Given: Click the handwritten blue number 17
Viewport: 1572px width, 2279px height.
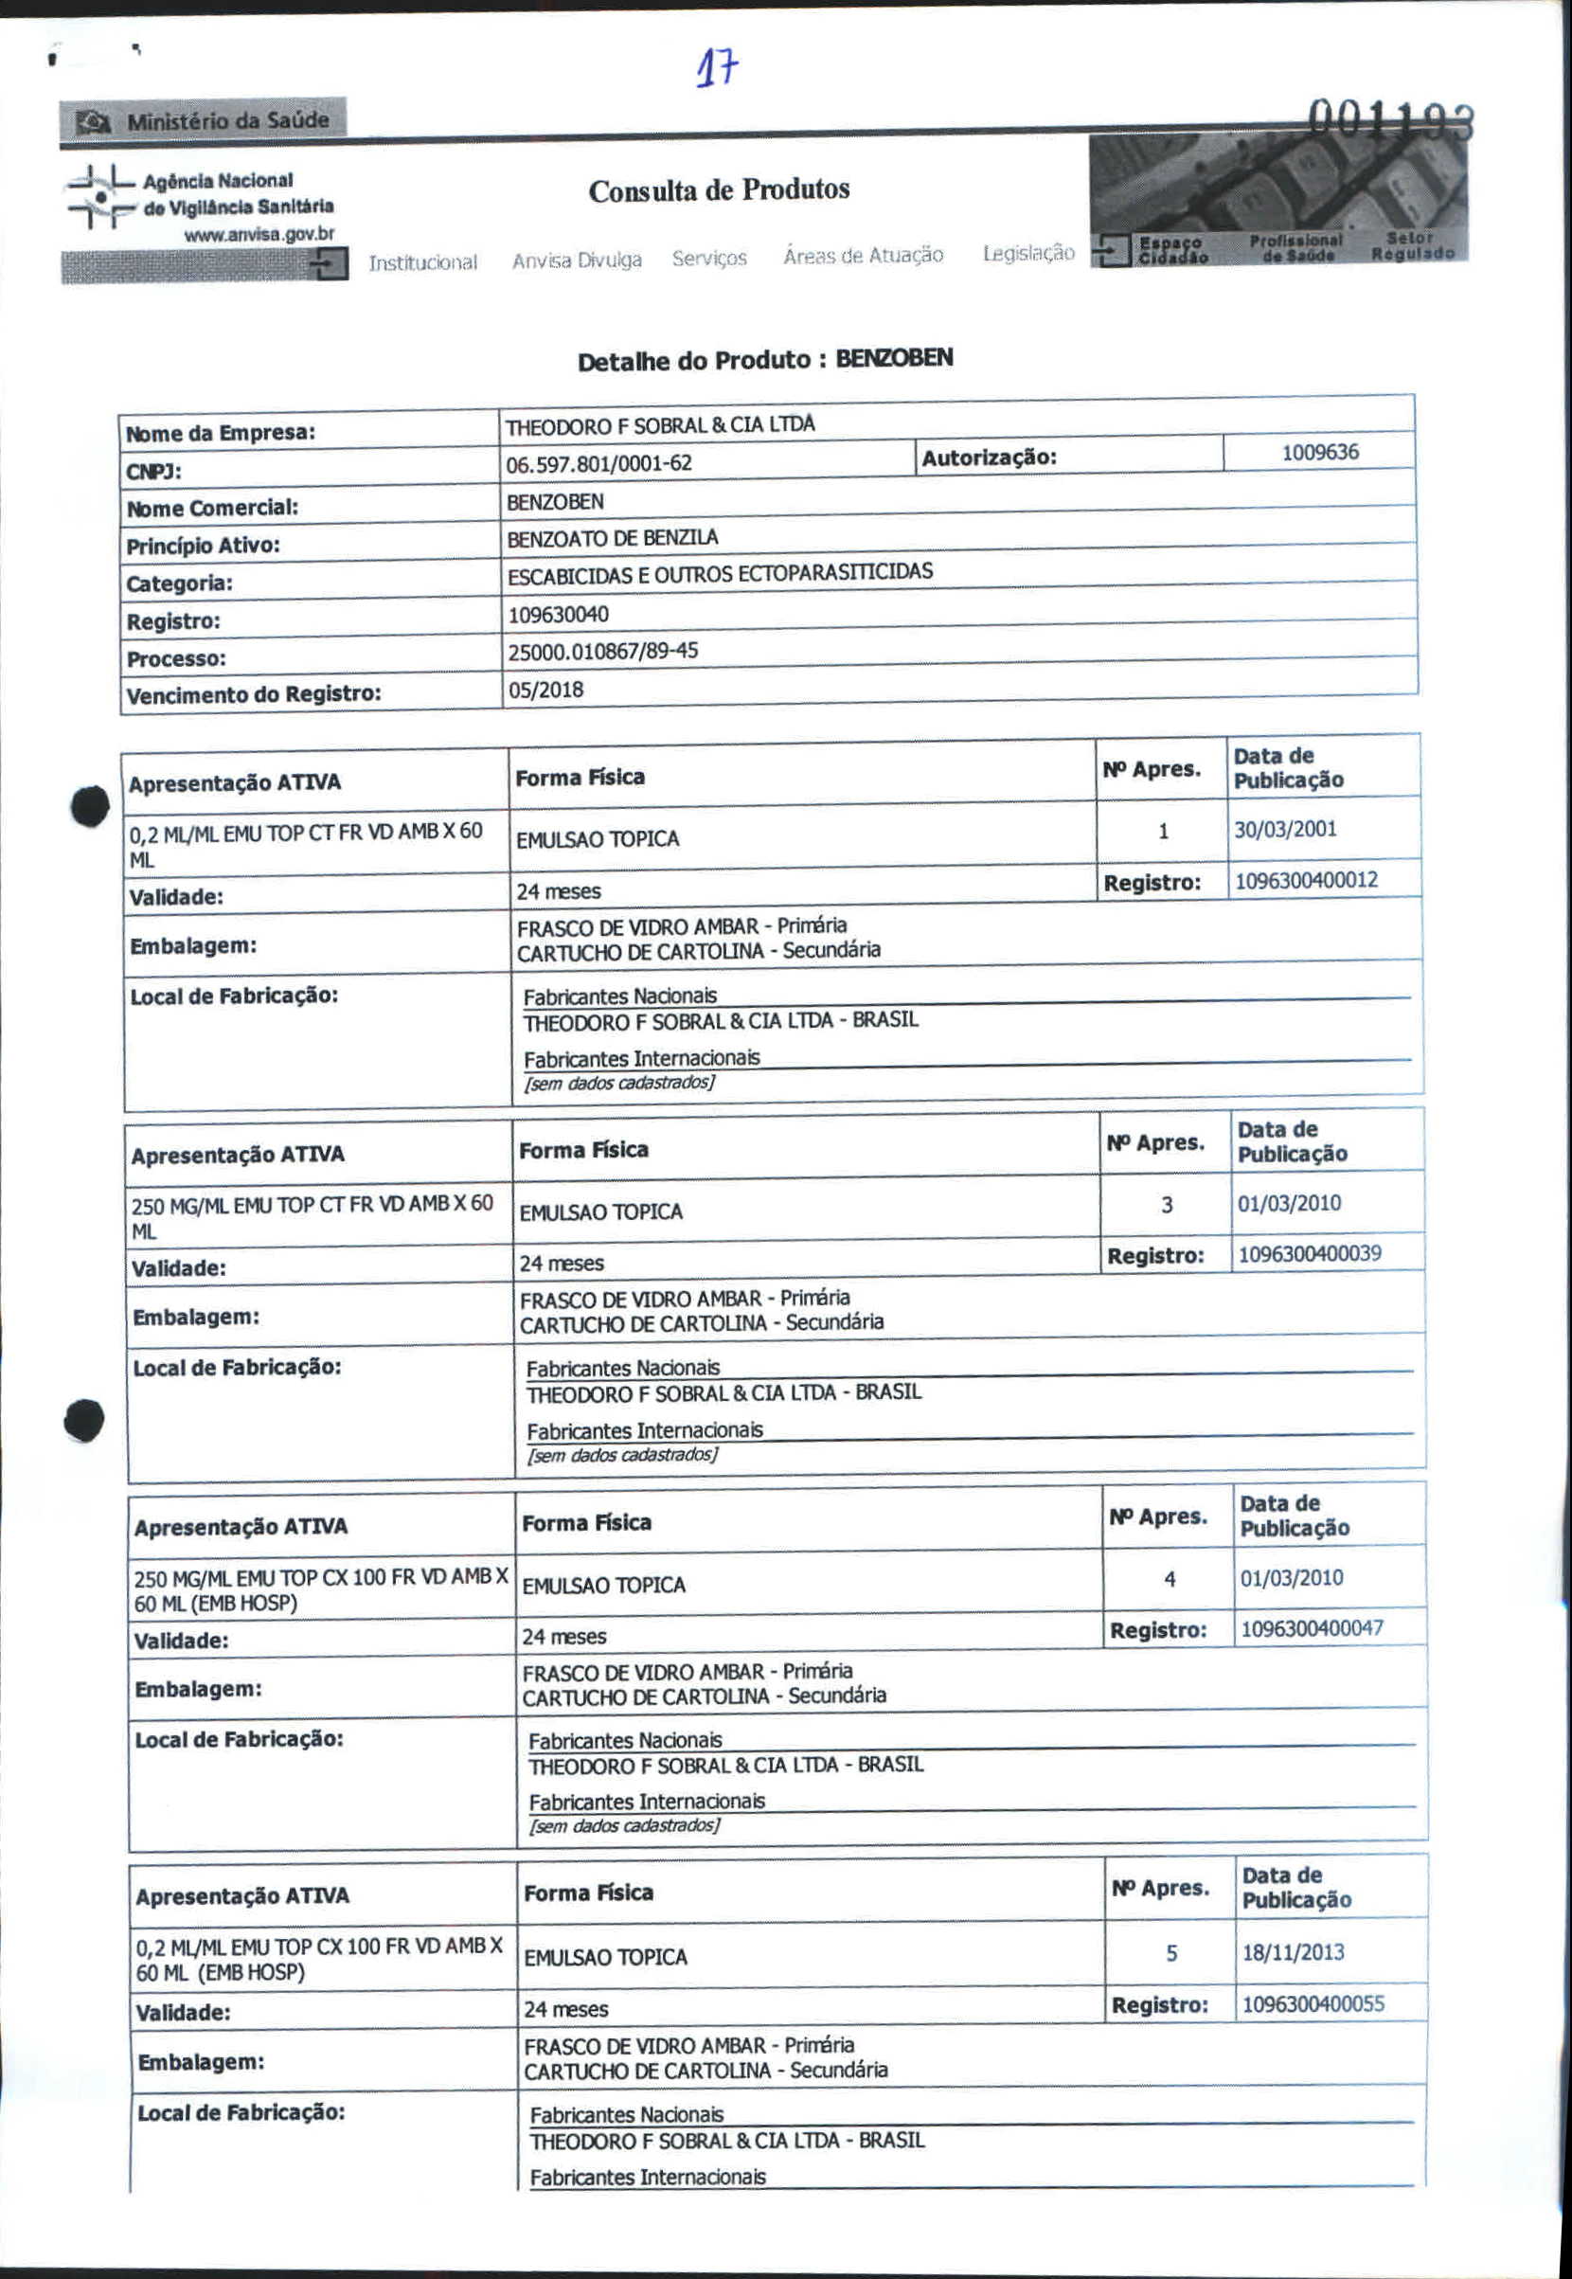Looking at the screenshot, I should (x=718, y=69).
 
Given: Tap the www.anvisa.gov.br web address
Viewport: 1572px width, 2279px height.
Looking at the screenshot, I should (x=259, y=235).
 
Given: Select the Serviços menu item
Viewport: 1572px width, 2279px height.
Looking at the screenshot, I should (x=709, y=259).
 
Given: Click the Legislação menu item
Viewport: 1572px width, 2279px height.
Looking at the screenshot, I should (x=1028, y=253).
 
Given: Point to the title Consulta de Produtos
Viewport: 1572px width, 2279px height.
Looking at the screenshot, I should (x=719, y=189).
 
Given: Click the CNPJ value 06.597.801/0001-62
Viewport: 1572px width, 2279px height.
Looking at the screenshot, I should (x=598, y=463).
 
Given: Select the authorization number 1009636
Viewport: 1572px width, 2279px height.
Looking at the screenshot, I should (x=1320, y=452).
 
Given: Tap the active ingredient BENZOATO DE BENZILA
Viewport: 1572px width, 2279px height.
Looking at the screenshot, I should (x=612, y=538).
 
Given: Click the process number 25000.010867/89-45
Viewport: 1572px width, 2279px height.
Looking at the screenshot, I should (x=603, y=652).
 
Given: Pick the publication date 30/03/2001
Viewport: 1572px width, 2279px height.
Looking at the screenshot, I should (x=1285, y=829).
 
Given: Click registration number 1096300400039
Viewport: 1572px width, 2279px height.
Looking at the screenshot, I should (x=1309, y=1253).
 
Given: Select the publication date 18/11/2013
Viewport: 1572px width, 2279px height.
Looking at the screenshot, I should (x=1293, y=1952).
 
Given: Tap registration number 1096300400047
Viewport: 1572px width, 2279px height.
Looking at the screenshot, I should (x=1311, y=1627).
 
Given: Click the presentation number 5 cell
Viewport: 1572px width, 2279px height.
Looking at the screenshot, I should (x=1171, y=1953).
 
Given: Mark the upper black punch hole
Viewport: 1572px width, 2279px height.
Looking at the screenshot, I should (x=90, y=807).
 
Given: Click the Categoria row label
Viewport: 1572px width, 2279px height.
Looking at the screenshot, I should (x=180, y=584).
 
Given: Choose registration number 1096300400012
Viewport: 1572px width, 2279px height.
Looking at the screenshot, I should (x=1306, y=880).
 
